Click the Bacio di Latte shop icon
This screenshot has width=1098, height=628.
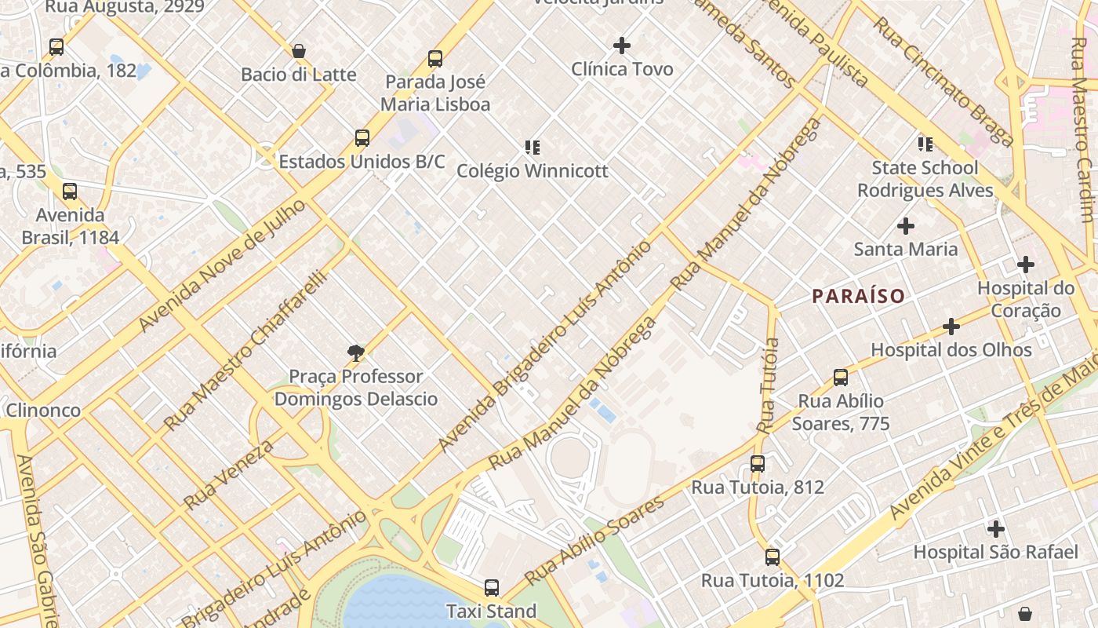coord(298,52)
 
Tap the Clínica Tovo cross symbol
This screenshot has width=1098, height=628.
coord(622,46)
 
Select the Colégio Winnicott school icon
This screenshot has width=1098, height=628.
coord(533,148)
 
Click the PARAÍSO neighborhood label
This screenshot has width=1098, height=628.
coord(858,296)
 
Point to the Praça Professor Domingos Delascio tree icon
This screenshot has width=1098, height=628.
coord(356,353)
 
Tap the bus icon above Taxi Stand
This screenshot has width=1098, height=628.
coord(491,587)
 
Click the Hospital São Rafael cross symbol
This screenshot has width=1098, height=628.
coord(995,529)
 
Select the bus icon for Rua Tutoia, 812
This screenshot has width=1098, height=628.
coord(757,464)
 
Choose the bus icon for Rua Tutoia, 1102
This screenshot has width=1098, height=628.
coord(773,557)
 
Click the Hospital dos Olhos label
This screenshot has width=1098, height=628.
coord(951,350)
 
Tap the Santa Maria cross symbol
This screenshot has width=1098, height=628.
coord(906,226)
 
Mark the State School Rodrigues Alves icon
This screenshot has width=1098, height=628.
coord(925,144)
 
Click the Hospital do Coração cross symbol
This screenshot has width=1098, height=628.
coord(1025,265)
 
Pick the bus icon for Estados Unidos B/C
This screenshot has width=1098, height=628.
coord(362,138)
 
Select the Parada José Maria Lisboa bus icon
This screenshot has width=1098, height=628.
coord(435,59)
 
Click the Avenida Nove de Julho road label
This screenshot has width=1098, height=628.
coord(221,265)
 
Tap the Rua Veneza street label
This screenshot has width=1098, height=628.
coord(229,474)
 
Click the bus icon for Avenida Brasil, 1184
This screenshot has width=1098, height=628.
coord(70,192)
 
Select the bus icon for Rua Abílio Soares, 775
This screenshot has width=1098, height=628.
coord(840,378)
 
